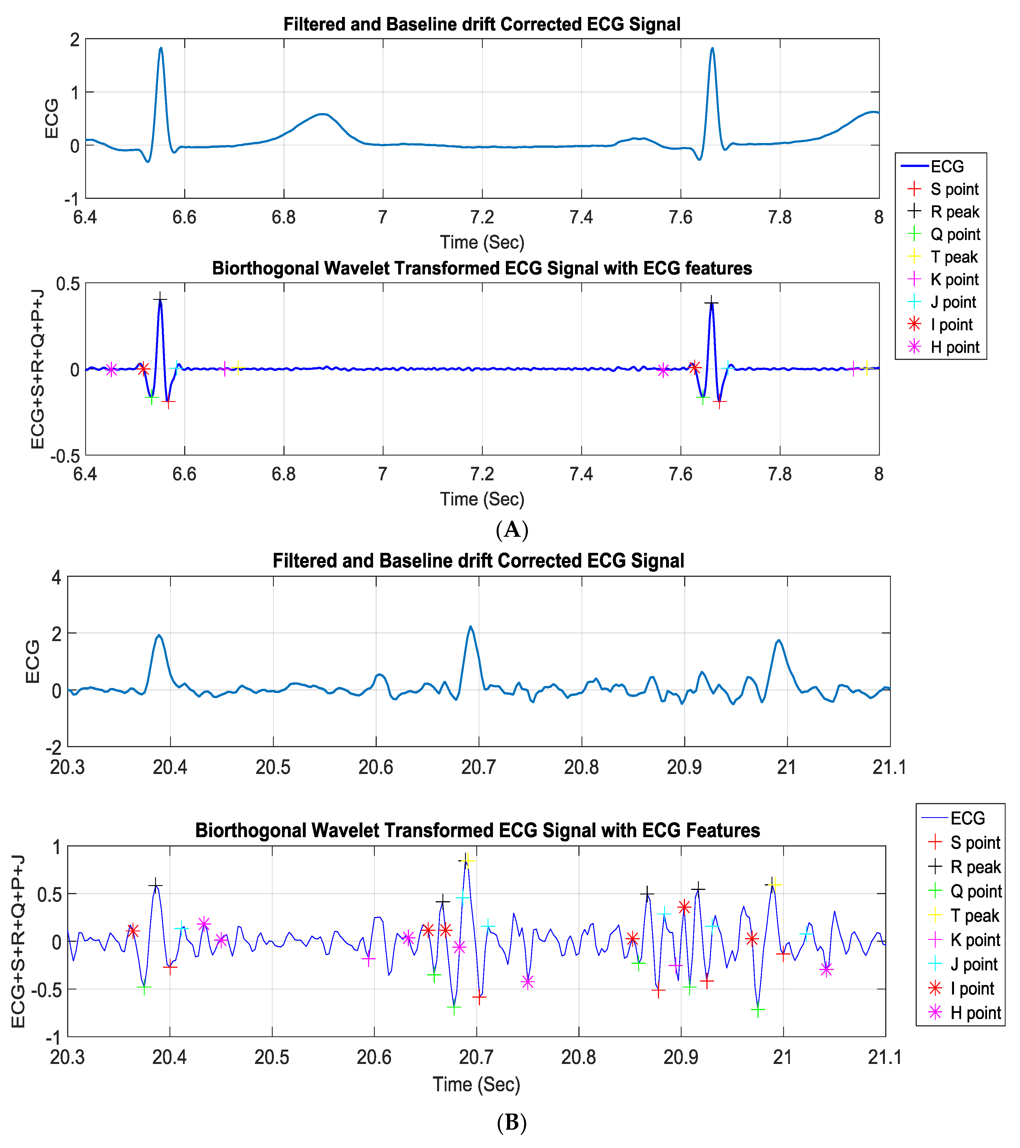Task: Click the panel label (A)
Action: click(x=512, y=530)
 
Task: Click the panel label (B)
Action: click(x=512, y=1122)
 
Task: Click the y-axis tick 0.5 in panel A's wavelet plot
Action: click(x=67, y=284)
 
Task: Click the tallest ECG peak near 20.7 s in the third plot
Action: click(x=470, y=627)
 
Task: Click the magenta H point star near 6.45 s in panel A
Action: click(x=111, y=369)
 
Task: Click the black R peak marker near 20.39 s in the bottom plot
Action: click(x=156, y=886)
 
